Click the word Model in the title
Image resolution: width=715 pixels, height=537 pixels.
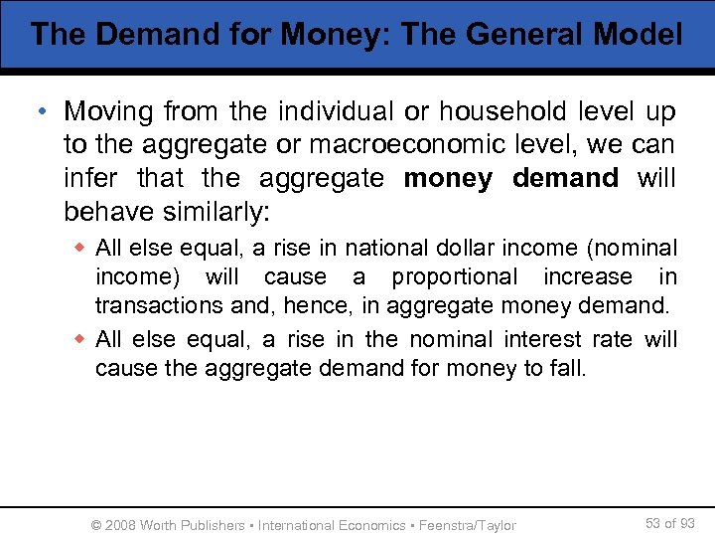coord(638,36)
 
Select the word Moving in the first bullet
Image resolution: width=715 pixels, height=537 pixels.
coord(105,111)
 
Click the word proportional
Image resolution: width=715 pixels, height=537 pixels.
coord(455,277)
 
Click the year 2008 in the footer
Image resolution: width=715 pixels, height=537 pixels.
coord(120,525)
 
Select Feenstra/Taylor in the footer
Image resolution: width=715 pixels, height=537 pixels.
coord(468,525)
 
